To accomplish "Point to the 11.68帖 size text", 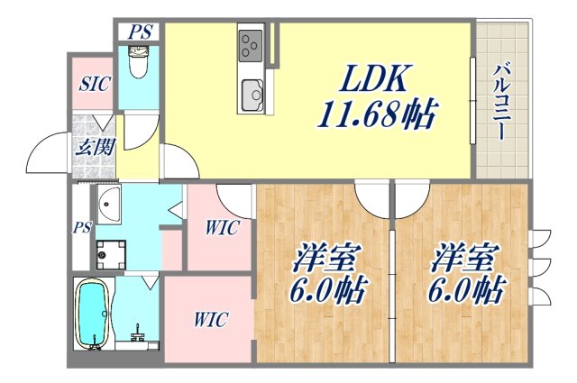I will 376,114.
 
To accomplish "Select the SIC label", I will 94,85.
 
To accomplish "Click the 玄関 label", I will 94,145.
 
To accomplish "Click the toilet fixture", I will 139,63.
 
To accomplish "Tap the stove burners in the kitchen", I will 250,42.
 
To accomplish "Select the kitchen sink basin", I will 252,93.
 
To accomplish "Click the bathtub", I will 91,315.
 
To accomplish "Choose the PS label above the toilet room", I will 140,32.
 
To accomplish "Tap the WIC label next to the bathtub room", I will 209,319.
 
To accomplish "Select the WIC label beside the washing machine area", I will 220,228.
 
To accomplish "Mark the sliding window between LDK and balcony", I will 472,100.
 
